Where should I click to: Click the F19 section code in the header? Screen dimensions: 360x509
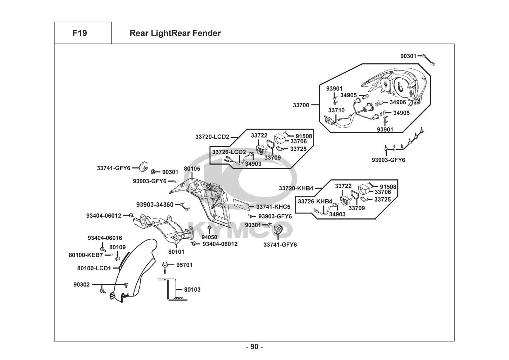point(79,33)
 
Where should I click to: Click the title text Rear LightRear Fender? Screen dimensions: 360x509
point(175,33)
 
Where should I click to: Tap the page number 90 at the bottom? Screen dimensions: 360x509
point(254,347)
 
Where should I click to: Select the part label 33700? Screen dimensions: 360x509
point(301,105)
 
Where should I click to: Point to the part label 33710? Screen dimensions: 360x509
point(336,111)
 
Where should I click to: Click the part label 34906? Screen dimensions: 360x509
point(397,102)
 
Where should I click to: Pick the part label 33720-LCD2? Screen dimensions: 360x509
point(212,137)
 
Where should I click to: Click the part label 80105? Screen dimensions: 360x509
point(192,168)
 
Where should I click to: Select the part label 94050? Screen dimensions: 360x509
point(209,237)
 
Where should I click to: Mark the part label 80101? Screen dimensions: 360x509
point(176,252)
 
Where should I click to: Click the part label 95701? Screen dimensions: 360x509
point(184,265)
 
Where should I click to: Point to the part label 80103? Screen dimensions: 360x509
point(192,289)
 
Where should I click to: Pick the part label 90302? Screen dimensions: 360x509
point(82,284)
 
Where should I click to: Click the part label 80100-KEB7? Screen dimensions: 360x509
point(86,255)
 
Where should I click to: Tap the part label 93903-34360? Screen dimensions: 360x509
point(155,205)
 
